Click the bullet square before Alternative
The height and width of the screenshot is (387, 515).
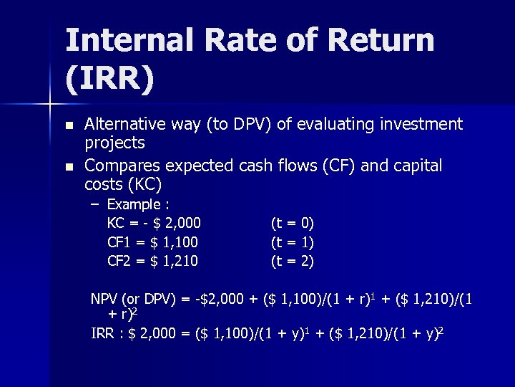pyautogui.click(x=69, y=125)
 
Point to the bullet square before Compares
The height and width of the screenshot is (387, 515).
pyautogui.click(x=69, y=167)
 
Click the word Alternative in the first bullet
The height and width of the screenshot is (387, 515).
pyautogui.click(x=124, y=124)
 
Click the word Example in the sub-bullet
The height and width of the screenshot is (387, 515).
pyautogui.click(x=133, y=205)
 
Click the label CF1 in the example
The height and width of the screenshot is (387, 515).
pyautogui.click(x=118, y=242)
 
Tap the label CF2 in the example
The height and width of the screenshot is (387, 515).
pyautogui.click(x=118, y=261)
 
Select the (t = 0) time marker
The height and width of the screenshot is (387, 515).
pyautogui.click(x=292, y=224)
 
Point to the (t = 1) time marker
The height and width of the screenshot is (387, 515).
pyautogui.click(x=292, y=242)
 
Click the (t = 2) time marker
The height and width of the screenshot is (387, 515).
pyautogui.click(x=292, y=261)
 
